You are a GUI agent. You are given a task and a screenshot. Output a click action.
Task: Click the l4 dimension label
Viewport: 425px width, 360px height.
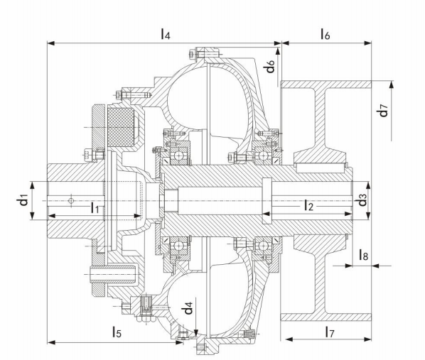click(x=166, y=33)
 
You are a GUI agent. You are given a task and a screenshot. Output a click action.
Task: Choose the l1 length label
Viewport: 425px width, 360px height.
click(x=95, y=207)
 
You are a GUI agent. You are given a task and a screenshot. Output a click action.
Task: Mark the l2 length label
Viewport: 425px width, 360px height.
click(x=308, y=206)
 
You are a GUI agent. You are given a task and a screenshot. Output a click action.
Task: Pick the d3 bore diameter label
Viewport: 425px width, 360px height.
click(x=362, y=200)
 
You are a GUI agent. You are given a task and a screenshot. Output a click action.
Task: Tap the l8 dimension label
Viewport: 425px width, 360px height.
click(x=363, y=254)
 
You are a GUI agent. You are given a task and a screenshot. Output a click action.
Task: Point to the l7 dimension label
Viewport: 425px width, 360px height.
click(x=326, y=331)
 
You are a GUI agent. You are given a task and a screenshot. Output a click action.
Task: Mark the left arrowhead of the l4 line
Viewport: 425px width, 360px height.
click(x=50, y=43)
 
